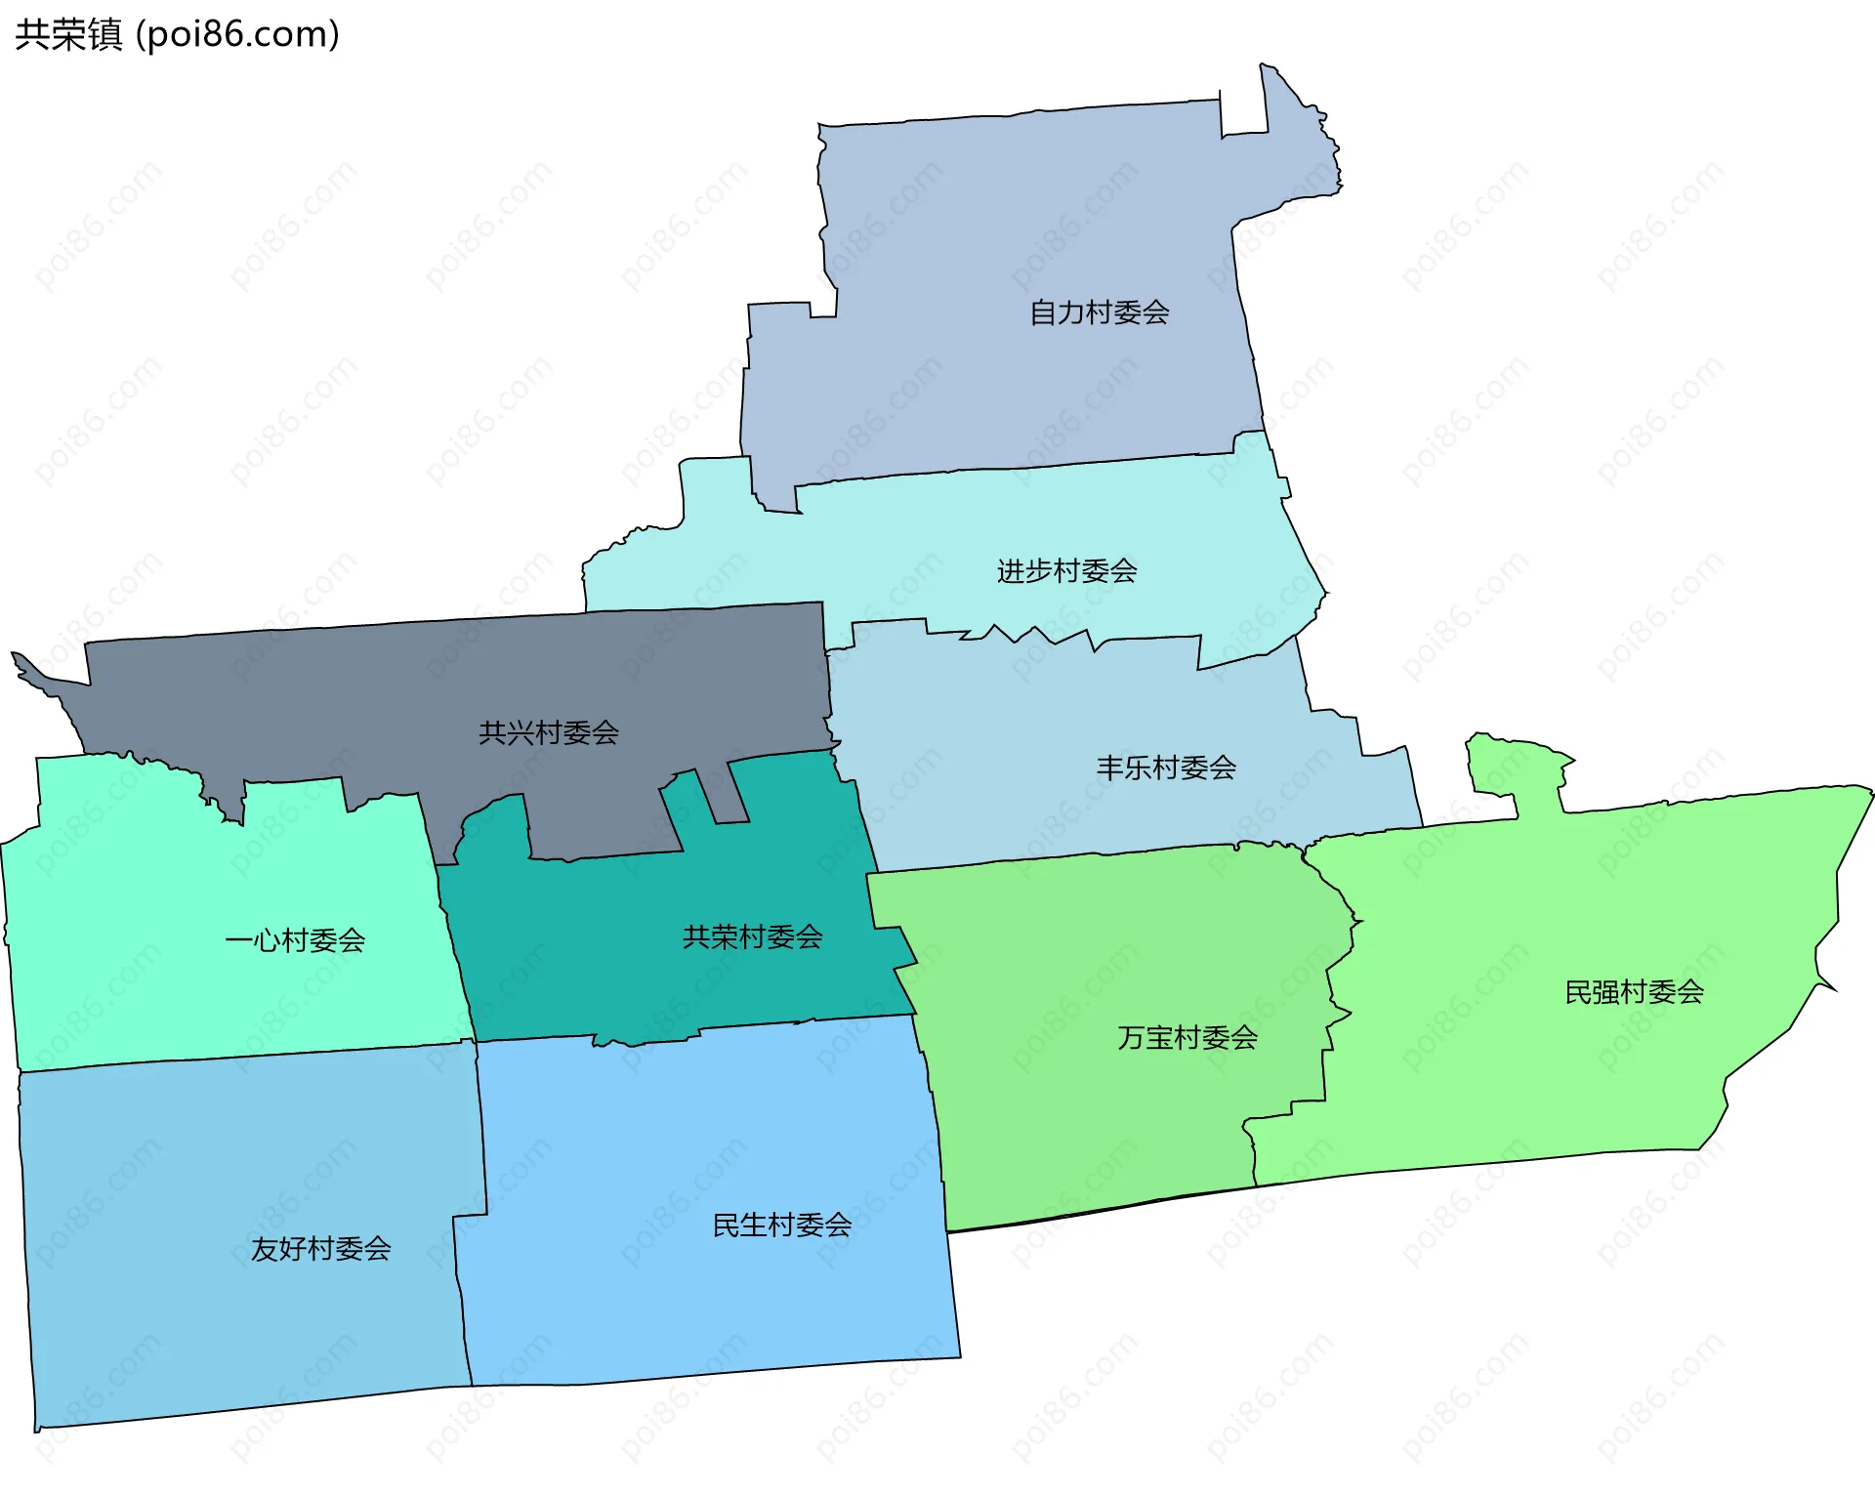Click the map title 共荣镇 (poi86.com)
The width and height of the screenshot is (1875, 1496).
tap(178, 34)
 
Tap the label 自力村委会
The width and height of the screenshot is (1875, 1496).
tap(1100, 312)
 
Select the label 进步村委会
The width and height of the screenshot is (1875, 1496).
tap(1066, 570)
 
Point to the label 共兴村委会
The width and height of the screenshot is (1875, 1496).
tap(549, 732)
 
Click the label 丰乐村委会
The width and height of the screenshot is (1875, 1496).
tap(1166, 768)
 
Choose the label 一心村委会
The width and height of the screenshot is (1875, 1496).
tap(295, 940)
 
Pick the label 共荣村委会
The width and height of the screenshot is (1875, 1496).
tap(752, 937)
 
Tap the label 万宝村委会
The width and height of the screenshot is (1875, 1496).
tap(1187, 1037)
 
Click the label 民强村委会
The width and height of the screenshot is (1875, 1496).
tap(1635, 992)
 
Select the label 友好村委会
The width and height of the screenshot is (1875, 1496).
tap(321, 1248)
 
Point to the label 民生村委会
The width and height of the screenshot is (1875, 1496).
tap(782, 1225)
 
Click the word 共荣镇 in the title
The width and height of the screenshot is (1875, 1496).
tap(68, 34)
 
